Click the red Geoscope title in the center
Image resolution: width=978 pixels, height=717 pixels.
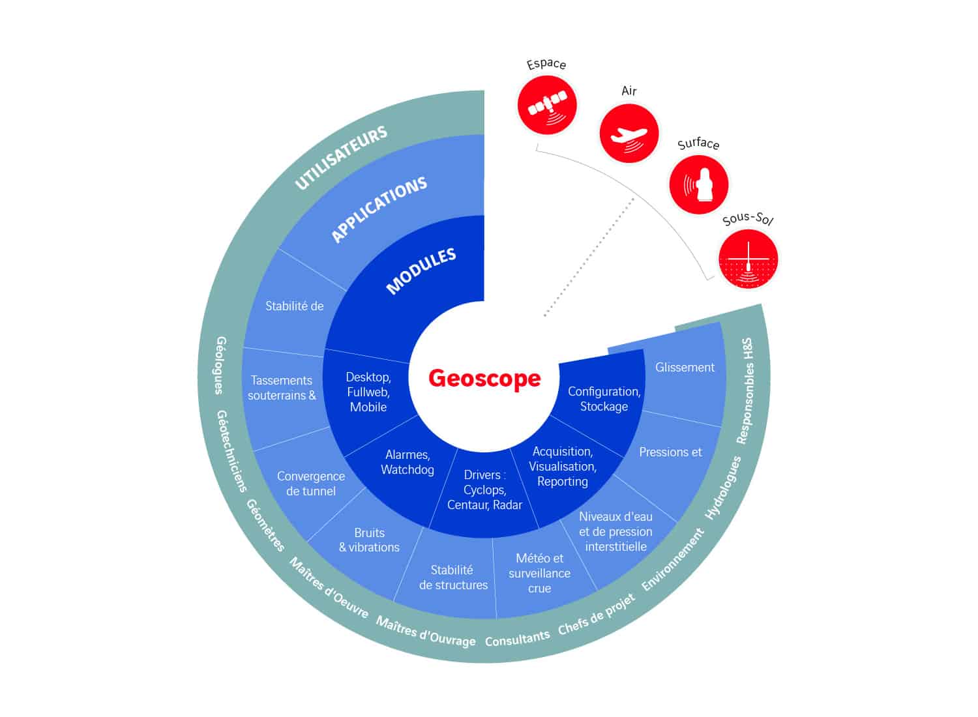(x=484, y=378)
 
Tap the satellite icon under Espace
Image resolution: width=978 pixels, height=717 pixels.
(x=547, y=105)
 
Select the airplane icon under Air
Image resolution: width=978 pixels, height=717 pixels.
(x=629, y=133)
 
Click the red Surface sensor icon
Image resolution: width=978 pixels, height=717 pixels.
(x=699, y=184)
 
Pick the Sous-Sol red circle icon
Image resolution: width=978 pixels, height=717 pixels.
(x=748, y=259)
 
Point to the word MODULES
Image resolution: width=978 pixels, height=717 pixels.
(x=421, y=271)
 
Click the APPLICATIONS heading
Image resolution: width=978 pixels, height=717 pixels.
(x=379, y=209)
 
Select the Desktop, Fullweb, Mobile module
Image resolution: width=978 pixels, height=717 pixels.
(x=368, y=392)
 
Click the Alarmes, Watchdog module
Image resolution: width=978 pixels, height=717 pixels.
(x=407, y=462)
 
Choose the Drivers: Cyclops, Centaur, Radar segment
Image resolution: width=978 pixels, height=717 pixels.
(x=484, y=490)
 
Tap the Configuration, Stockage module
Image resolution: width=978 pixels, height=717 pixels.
(x=604, y=399)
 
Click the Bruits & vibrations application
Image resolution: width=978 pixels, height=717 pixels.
(x=370, y=540)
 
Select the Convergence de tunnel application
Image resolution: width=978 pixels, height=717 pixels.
(x=311, y=484)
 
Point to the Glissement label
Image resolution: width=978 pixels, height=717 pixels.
(x=685, y=368)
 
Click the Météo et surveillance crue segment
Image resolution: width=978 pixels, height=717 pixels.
(x=540, y=573)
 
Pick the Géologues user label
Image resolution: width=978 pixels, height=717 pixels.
(x=220, y=365)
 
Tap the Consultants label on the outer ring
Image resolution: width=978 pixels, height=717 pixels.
(x=518, y=638)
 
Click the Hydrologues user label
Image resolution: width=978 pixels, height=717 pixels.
(x=723, y=488)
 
